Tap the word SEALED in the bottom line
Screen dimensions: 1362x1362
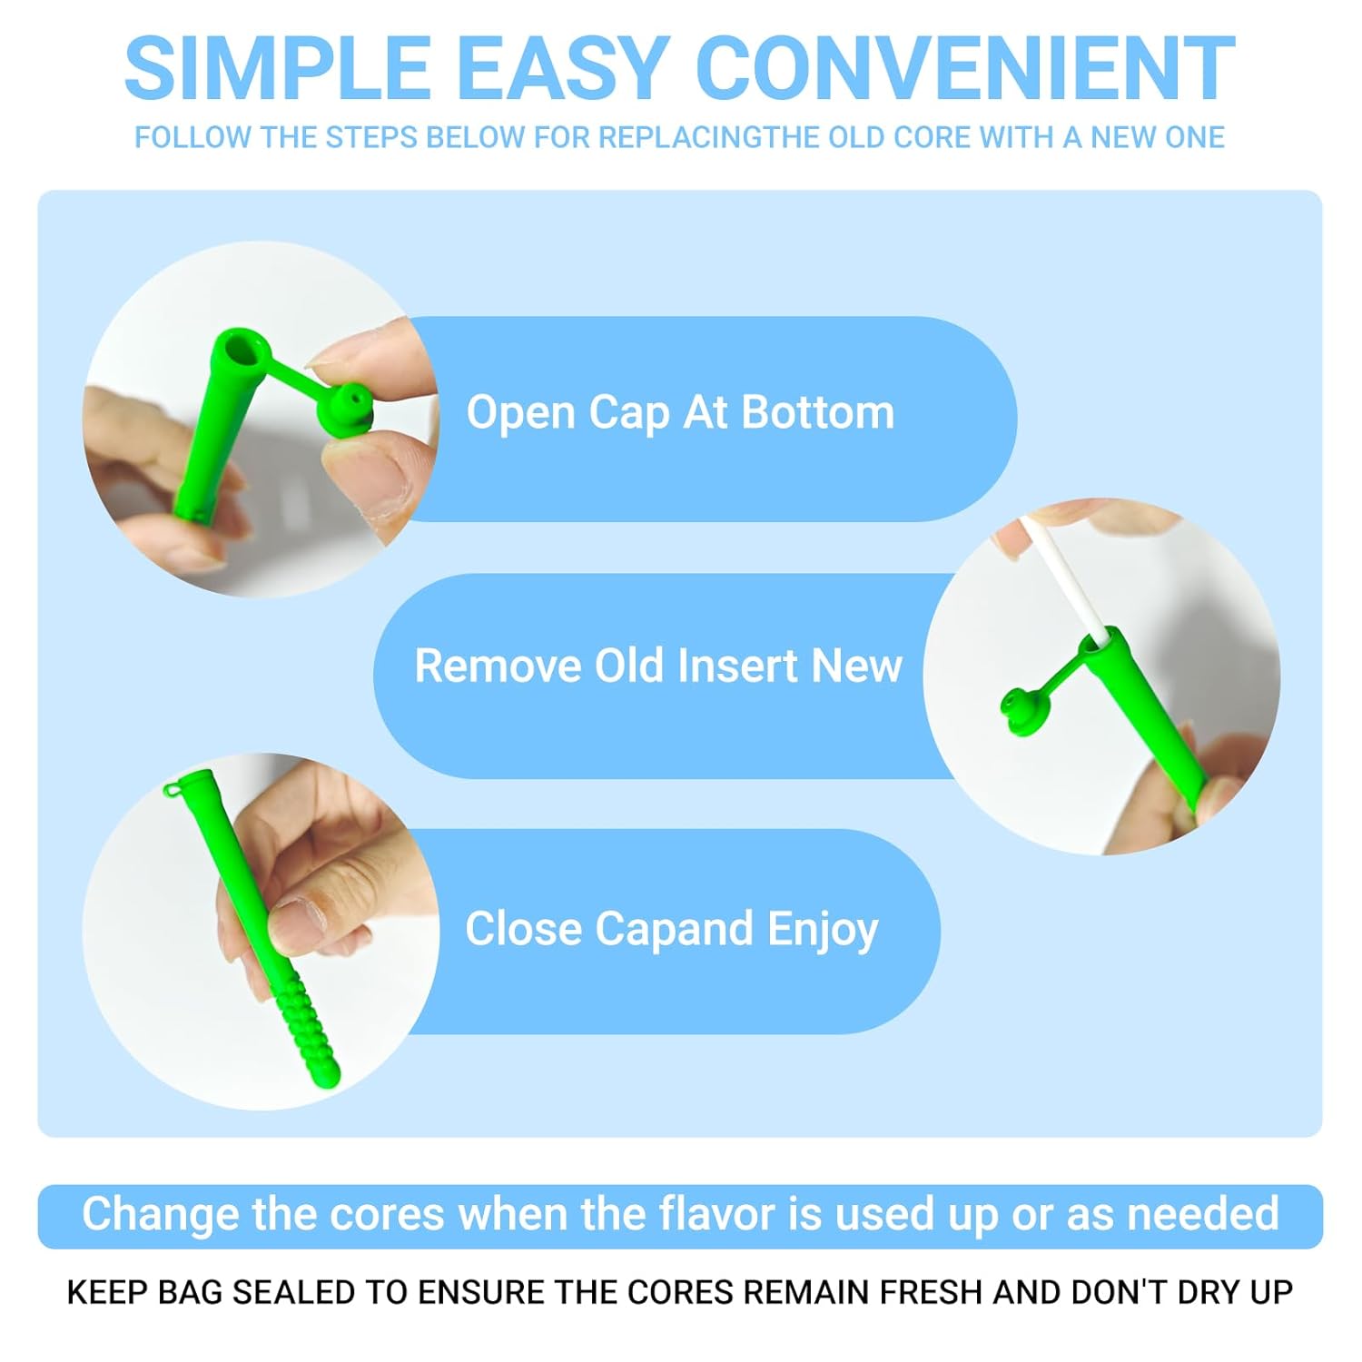pyautogui.click(x=293, y=1292)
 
